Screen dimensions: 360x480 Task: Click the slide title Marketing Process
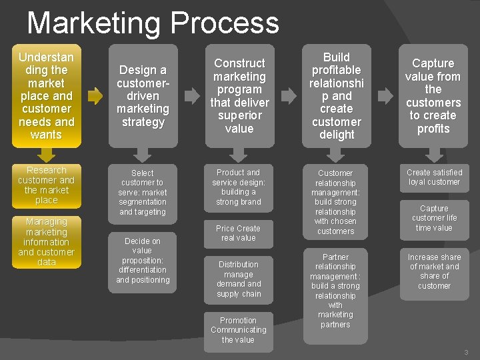click(153, 23)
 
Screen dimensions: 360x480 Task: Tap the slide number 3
click(466, 352)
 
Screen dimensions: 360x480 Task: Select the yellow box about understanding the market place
click(46, 95)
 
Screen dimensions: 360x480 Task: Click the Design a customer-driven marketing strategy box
click(143, 95)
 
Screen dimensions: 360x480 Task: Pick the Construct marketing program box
click(239, 95)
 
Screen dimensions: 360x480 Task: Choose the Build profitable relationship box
click(336, 95)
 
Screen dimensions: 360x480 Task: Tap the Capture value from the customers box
click(433, 95)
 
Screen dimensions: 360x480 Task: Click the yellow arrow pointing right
click(95, 96)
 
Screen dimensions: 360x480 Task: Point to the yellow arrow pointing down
click(46, 155)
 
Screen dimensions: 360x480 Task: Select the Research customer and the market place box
click(46, 185)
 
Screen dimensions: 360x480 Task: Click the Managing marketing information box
click(46, 241)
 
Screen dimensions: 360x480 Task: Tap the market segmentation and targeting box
click(143, 192)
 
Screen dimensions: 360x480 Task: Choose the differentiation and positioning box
click(143, 260)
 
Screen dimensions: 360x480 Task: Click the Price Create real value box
click(238, 233)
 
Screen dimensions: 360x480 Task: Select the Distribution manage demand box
click(238, 279)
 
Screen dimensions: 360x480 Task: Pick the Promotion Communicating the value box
click(238, 330)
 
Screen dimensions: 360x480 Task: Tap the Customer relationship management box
click(335, 202)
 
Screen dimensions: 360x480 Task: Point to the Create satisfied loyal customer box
click(434, 177)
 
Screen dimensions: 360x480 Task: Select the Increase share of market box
click(434, 271)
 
